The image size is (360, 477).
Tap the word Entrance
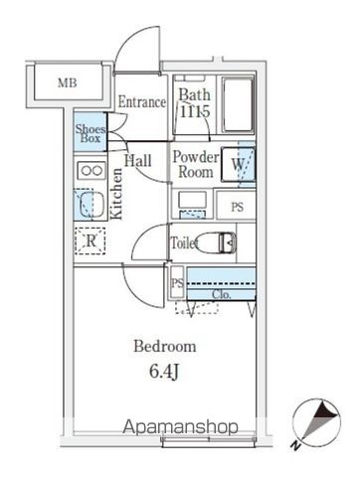pyautogui.click(x=141, y=101)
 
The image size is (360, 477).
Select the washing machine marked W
pyautogui.click(x=242, y=165)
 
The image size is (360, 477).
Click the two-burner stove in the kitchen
pyautogui.click(x=91, y=171)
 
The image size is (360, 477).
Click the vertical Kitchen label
pyautogui.click(x=116, y=194)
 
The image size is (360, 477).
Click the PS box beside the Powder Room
pyautogui.click(x=238, y=207)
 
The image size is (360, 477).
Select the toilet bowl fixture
pyautogui.click(x=218, y=241)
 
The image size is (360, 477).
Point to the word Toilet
pyautogui.click(x=184, y=241)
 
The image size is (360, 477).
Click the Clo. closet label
pyautogui.click(x=222, y=294)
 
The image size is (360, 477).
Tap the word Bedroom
pyautogui.click(x=164, y=347)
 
